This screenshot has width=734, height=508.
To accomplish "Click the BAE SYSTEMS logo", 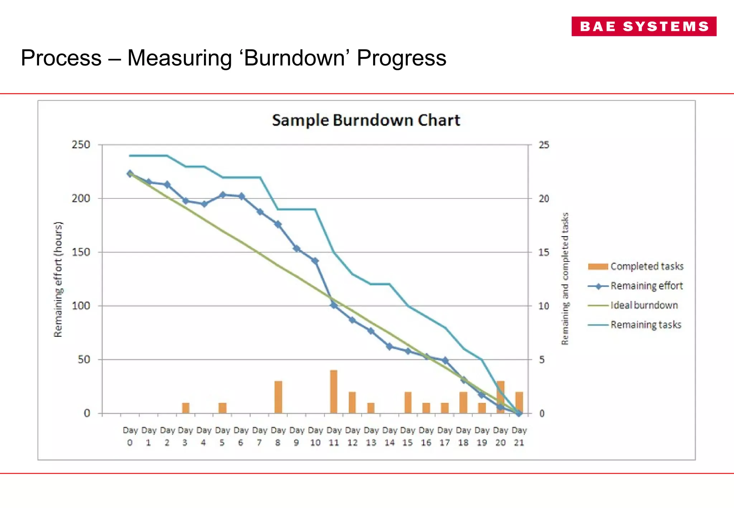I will pos(644,26).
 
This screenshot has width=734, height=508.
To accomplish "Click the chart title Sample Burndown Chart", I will pos(366,120).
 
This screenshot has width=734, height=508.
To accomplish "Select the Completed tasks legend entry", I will pos(636,266).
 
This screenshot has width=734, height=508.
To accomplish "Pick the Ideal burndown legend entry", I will pos(633,305).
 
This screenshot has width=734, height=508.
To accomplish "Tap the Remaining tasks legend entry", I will pos(635,325).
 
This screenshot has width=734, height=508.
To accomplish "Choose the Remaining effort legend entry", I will pos(635,286).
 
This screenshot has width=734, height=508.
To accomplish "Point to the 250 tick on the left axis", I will pos(81,145).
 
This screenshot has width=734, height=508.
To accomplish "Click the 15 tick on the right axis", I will pos(544,253).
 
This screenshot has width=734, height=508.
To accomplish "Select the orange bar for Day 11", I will pos(334,392).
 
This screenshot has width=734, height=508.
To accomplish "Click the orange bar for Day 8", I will pos(278,397).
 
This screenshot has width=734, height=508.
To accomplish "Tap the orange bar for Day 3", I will pos(186,408).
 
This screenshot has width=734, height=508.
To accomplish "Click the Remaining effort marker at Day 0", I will pos(130,174).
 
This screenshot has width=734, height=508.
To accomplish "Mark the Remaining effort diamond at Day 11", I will pos(334,305).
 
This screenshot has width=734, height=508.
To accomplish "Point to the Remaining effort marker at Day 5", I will pos(223,195).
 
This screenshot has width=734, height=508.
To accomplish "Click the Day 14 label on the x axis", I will pos(389,436).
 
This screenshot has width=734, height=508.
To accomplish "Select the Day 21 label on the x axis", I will pos(519,436).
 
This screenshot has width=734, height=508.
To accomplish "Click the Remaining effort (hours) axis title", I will pos(58,279).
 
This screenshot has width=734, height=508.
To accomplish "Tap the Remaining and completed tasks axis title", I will pos(565,279).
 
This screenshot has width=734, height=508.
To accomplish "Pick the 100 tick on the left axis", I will pos(81,306).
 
